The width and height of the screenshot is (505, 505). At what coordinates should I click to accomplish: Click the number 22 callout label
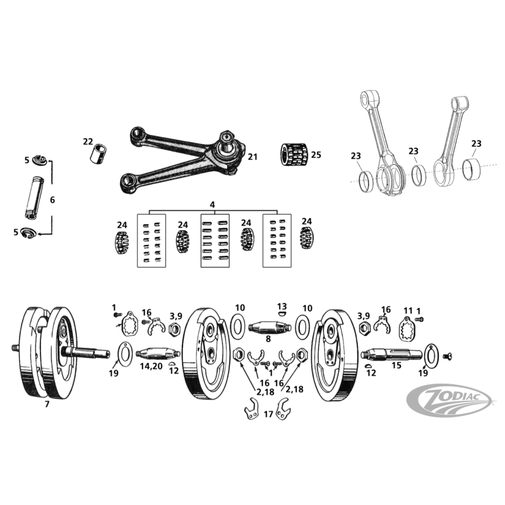coord(88,141)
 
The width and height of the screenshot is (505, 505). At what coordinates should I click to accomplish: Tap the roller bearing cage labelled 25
coord(293,154)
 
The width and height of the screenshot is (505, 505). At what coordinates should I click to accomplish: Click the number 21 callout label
coord(252,157)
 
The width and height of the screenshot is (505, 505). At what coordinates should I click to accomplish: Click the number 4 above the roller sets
coord(213,204)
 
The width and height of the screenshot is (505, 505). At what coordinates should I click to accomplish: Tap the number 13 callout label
coord(282,306)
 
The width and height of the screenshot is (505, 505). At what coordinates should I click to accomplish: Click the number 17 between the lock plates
coord(269,415)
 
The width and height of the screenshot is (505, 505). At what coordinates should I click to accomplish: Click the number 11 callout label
coord(408,311)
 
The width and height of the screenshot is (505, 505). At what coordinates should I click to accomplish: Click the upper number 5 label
coord(27,160)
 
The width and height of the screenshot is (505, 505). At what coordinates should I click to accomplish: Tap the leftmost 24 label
coord(122,225)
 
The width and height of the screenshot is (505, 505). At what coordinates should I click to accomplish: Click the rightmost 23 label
coord(477,144)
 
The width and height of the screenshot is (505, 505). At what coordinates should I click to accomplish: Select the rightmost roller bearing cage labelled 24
coord(307,239)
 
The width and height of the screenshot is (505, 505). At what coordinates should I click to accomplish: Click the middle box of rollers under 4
coord(214,241)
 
